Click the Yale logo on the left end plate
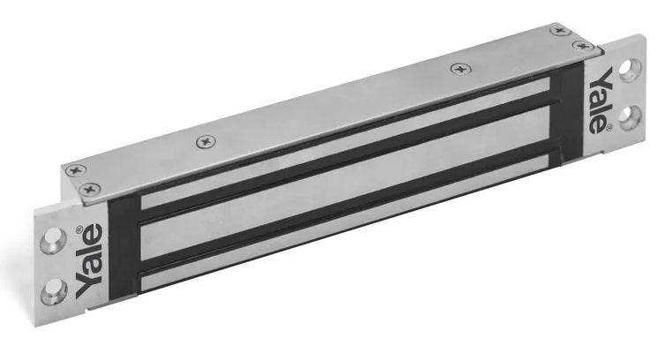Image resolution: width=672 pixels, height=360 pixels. coord(90,261)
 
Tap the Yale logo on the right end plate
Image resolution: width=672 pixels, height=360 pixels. coord(600,101)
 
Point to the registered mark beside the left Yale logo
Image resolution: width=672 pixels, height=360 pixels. coord(79,229)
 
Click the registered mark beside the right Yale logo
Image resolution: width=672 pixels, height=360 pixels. coord(609,127)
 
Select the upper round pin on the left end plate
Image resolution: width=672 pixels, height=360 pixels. coord(53,241)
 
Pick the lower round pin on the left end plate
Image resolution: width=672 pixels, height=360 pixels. coord(54,291)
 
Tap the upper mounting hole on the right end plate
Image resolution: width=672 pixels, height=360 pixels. coord(630,71)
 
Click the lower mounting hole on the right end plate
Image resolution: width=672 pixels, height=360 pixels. coord(630,117)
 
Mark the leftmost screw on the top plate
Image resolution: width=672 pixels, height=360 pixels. coord(76,170)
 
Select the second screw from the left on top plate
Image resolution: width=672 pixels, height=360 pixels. coord(91,189)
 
